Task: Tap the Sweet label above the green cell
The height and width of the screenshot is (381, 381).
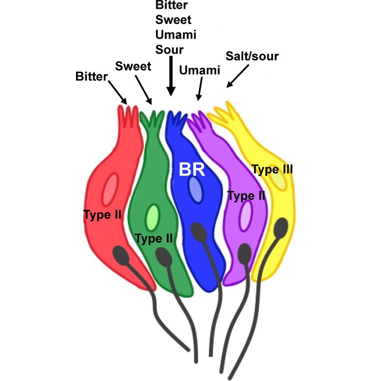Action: [133, 66]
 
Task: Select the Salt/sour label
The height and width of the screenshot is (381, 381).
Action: [252, 56]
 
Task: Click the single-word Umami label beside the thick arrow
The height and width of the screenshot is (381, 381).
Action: [200, 71]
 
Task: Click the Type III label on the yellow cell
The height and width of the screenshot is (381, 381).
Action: [273, 170]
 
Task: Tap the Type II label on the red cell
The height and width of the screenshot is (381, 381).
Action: [102, 214]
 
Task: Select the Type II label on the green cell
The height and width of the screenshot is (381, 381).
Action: [153, 239]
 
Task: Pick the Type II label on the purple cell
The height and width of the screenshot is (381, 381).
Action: [247, 196]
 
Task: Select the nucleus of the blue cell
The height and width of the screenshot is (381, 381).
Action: [195, 189]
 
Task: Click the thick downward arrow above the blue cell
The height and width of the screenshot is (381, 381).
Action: [171, 76]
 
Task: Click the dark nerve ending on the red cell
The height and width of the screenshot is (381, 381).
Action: [122, 255]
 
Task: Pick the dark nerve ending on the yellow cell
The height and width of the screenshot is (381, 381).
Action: [281, 228]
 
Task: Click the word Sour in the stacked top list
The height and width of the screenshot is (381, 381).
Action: [169, 49]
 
